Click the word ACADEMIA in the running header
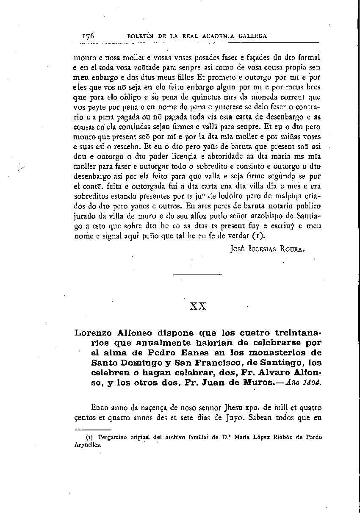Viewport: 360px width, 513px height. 224,36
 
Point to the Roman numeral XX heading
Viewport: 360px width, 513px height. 198,306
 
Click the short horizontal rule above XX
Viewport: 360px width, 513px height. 198,275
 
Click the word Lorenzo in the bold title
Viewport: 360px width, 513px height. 95,333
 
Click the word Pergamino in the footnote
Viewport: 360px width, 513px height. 111,437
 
